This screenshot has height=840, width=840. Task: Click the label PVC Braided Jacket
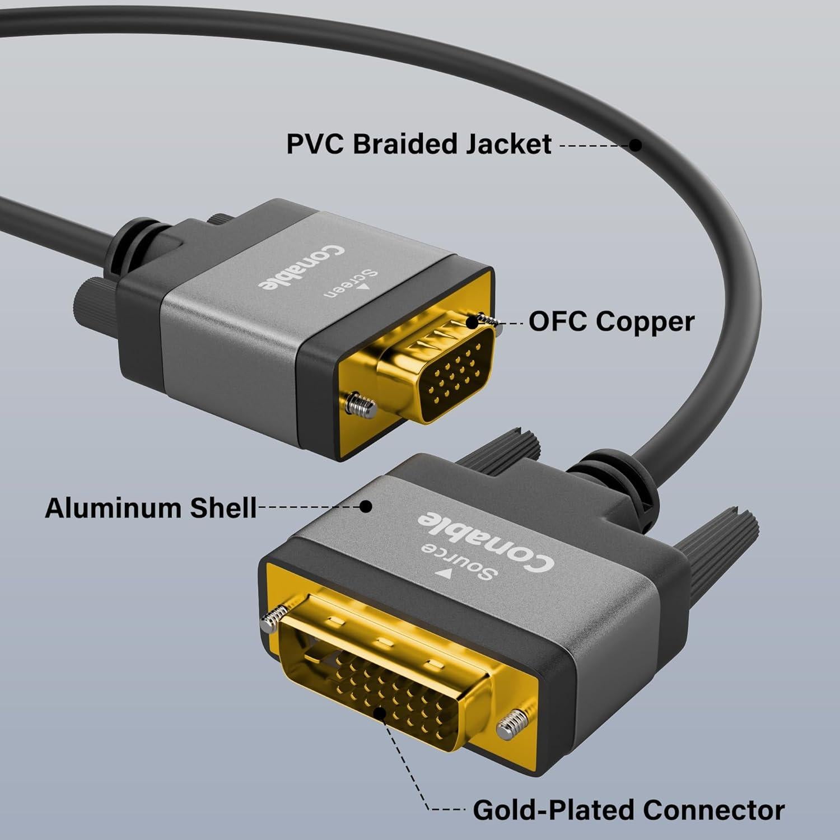[418, 144]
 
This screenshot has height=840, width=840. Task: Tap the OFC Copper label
[611, 322]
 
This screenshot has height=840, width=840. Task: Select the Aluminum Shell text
[150, 508]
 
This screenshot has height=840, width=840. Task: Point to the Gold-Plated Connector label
[628, 810]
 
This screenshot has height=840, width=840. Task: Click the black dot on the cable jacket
[635, 145]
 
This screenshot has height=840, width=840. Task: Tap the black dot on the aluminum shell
[366, 507]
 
